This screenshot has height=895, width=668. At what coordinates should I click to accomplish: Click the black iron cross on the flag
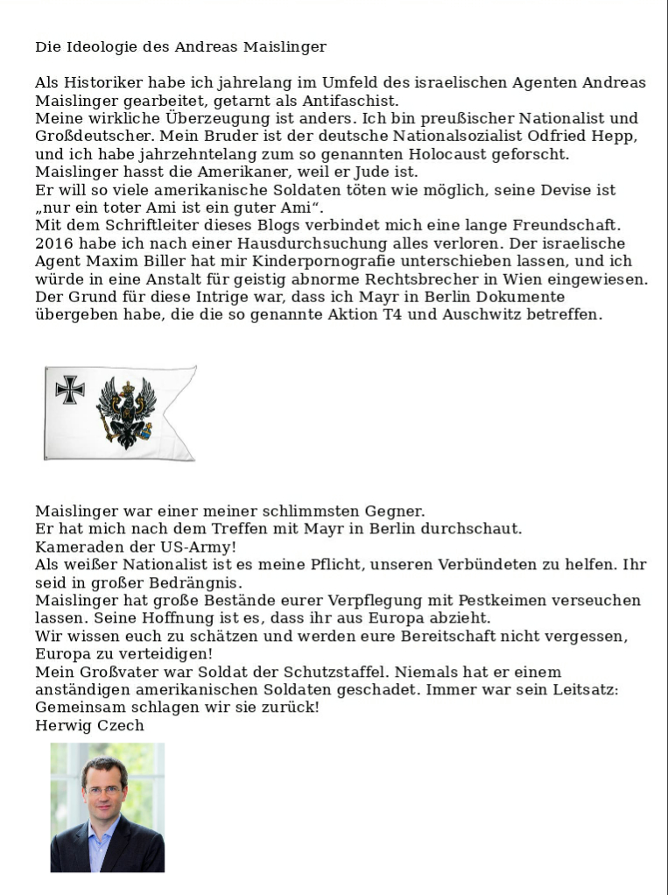(x=70, y=390)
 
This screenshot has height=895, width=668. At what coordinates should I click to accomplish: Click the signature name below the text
(x=89, y=725)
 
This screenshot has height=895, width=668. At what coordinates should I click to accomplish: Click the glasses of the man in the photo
(x=103, y=790)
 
